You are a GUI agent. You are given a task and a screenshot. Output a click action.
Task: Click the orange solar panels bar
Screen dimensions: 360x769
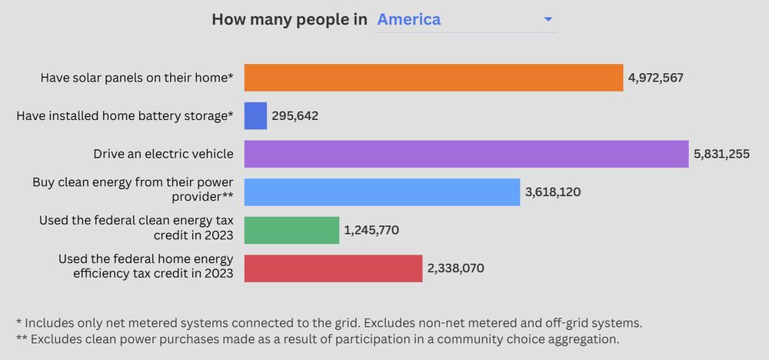click(433, 78)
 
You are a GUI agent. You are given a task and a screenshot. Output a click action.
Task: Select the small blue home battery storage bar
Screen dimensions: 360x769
click(255, 116)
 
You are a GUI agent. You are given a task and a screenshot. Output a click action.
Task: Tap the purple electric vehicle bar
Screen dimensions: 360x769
click(466, 154)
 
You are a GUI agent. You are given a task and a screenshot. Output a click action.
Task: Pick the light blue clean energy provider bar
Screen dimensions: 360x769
click(382, 192)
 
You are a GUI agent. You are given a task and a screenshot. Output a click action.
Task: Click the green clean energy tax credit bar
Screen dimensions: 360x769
click(291, 230)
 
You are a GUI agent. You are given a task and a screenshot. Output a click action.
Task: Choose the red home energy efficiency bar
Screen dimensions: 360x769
click(333, 268)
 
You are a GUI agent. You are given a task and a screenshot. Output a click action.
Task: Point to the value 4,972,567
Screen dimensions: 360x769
click(655, 78)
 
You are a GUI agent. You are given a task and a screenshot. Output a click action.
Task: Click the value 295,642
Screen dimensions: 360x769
click(295, 116)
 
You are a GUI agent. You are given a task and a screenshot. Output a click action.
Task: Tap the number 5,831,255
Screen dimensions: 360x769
click(721, 154)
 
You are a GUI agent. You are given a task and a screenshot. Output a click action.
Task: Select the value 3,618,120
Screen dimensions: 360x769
click(553, 192)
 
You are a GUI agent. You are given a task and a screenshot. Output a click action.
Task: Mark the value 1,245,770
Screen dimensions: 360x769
click(371, 230)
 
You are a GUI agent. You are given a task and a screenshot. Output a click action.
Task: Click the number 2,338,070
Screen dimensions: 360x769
click(455, 268)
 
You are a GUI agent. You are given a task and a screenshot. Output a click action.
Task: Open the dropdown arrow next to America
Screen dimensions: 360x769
click(548, 19)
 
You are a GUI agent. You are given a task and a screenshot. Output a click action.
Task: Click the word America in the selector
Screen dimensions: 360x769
click(408, 19)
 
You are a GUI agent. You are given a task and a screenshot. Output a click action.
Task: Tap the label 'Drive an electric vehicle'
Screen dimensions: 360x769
click(163, 154)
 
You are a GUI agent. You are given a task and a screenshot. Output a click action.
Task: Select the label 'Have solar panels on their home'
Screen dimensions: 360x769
click(137, 78)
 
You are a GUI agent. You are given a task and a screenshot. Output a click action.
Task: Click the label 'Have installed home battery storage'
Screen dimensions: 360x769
click(125, 116)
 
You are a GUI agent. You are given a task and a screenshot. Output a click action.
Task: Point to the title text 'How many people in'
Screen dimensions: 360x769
click(289, 19)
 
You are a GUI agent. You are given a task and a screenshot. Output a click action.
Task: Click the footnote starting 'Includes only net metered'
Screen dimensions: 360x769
click(328, 323)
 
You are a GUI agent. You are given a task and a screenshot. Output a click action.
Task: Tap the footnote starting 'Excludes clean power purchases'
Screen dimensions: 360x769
click(317, 338)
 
